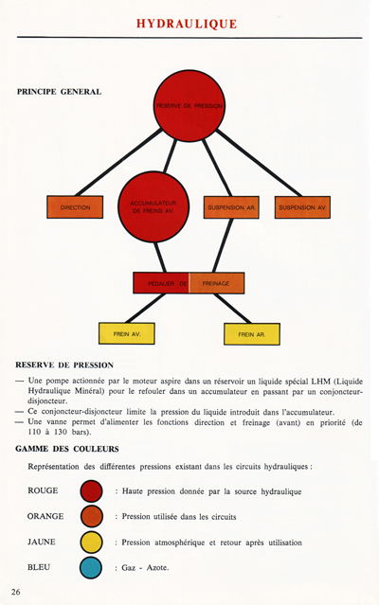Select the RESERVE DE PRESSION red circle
point(189,105)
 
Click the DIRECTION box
point(74,206)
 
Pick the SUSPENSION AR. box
point(231,206)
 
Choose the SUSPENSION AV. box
point(303,206)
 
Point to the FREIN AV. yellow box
point(127,334)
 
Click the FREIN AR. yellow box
point(251,334)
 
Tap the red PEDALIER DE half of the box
point(161,282)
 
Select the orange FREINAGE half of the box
point(217,282)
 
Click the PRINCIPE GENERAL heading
point(59,92)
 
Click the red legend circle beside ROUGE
point(92,491)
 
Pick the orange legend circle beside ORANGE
point(92,517)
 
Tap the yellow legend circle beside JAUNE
point(92,543)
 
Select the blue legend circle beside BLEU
point(92,568)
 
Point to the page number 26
point(16,592)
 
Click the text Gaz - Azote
point(145,568)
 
